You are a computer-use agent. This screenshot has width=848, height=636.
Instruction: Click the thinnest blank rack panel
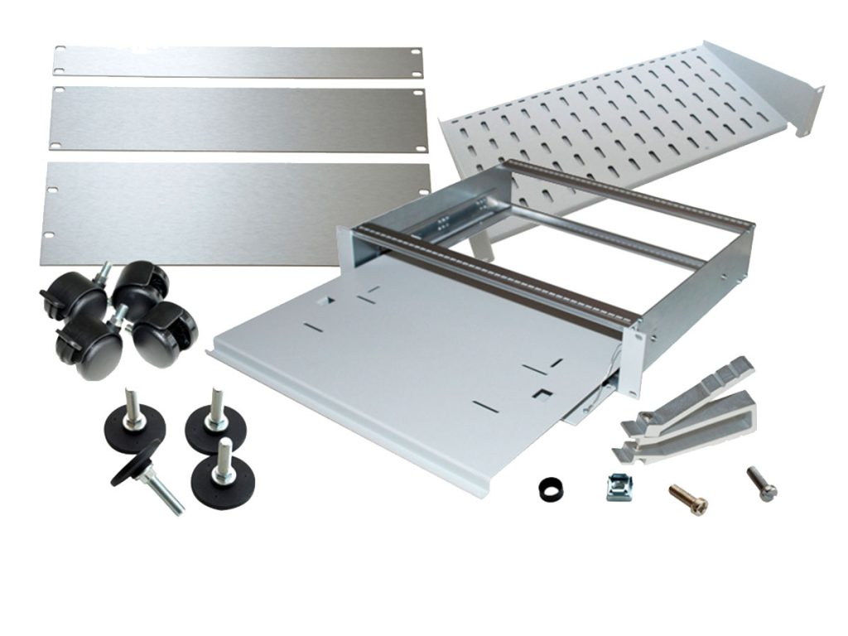click(240, 62)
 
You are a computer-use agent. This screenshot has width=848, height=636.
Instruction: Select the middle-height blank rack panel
click(240, 118)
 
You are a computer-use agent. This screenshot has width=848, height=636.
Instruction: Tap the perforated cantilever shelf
click(629, 116)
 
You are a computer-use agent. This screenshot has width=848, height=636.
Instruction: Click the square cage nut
click(619, 486)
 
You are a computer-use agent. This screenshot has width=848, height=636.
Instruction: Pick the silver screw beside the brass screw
click(761, 483)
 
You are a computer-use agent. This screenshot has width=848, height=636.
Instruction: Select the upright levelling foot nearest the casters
click(135, 419)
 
